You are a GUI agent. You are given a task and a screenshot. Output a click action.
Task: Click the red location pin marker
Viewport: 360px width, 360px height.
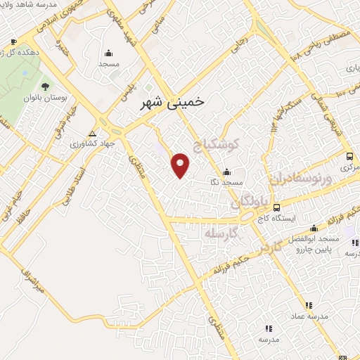(181, 166)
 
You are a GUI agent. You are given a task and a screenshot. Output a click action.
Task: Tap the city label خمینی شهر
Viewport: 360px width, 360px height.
(168, 103)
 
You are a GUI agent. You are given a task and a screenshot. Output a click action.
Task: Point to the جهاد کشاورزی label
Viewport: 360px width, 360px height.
(91, 145)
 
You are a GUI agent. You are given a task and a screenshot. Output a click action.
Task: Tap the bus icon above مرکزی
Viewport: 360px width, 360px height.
(349, 156)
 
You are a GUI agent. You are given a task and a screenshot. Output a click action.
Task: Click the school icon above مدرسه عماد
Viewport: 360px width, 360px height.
(308, 304)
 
